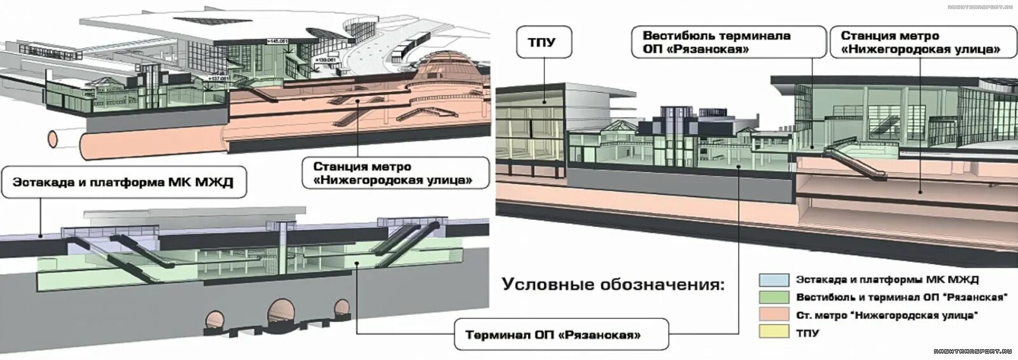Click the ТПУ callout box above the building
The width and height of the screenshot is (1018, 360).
(x=542, y=43)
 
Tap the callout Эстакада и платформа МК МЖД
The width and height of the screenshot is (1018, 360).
(x=123, y=183)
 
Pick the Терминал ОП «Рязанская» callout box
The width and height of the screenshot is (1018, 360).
(x=561, y=335)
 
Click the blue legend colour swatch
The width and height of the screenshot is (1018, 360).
(x=772, y=279)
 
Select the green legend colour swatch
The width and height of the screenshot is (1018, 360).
(x=772, y=297)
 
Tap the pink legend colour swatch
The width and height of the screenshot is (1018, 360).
(x=772, y=314)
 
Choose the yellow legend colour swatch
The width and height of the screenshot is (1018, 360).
(x=772, y=332)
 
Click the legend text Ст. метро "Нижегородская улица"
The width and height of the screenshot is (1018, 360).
(x=887, y=315)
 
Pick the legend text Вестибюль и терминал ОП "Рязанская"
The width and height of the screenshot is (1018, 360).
(x=902, y=297)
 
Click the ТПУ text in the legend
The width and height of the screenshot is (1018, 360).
(x=807, y=333)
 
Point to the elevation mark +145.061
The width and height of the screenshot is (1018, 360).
(x=277, y=41)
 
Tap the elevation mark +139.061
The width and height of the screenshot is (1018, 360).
(x=325, y=59)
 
